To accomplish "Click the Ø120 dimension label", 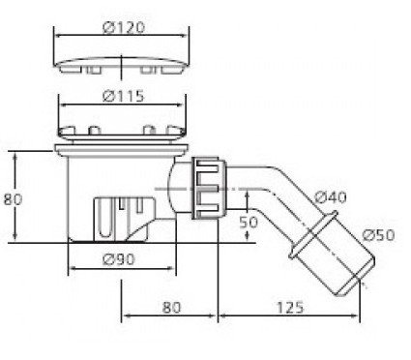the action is (124, 27).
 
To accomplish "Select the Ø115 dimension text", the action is (123, 96).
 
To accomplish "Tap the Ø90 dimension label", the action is (118, 259).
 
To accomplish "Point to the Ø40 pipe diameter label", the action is (331, 196).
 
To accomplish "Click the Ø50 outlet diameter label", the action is (378, 235).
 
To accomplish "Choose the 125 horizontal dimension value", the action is (290, 308).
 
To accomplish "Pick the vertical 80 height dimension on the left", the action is (13, 199).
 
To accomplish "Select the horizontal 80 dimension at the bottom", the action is (171, 308).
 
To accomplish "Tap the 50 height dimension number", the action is (249, 222).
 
